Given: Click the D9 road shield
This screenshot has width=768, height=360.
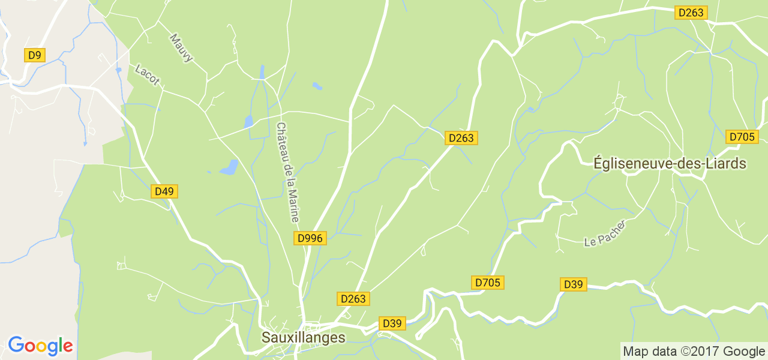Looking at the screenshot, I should coord(35,56).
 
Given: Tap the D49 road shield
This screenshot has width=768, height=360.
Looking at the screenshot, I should coord(164,192).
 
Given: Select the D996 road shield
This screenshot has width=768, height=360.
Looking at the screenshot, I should coord(310,238).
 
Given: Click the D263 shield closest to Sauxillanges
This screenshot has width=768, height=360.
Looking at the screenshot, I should coord(353,299).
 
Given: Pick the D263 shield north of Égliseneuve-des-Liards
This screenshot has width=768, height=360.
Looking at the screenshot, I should coord(691,13).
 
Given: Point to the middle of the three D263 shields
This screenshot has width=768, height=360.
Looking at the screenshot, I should coord(461,138).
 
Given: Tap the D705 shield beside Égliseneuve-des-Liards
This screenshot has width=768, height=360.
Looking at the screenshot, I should coord(742,137).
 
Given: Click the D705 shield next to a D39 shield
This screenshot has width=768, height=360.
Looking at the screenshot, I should coord(488,283).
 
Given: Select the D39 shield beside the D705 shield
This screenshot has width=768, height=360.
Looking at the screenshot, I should coord(574,284).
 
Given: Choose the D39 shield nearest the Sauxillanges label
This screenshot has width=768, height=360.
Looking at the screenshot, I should coord(392,324).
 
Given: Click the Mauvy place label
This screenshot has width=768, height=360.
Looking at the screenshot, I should coord(181,47).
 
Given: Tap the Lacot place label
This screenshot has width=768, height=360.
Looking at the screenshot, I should coord(147,74).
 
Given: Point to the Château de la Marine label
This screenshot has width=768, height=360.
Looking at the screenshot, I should coord(287,172).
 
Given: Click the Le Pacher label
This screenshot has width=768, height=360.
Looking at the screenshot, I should coord(605,234).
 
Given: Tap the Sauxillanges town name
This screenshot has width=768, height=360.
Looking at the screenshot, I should coord(303,338).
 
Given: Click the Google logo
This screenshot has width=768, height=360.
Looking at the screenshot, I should coord(40,346).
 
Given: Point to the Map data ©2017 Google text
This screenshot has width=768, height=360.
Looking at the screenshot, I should coord(693,352).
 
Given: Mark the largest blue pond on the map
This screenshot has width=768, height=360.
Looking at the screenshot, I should coord(229,167).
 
